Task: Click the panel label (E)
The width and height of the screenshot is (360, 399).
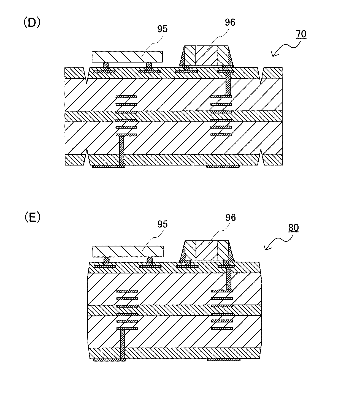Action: [32, 218]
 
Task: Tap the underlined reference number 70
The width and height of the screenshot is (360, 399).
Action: [301, 34]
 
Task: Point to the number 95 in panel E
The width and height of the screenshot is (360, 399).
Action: [163, 224]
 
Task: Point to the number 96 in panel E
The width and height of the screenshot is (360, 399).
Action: [231, 218]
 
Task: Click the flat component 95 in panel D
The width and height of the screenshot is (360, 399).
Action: [127, 56]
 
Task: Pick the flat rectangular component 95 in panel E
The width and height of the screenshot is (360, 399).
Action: [128, 251]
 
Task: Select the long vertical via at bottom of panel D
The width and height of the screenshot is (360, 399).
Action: [121, 151]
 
